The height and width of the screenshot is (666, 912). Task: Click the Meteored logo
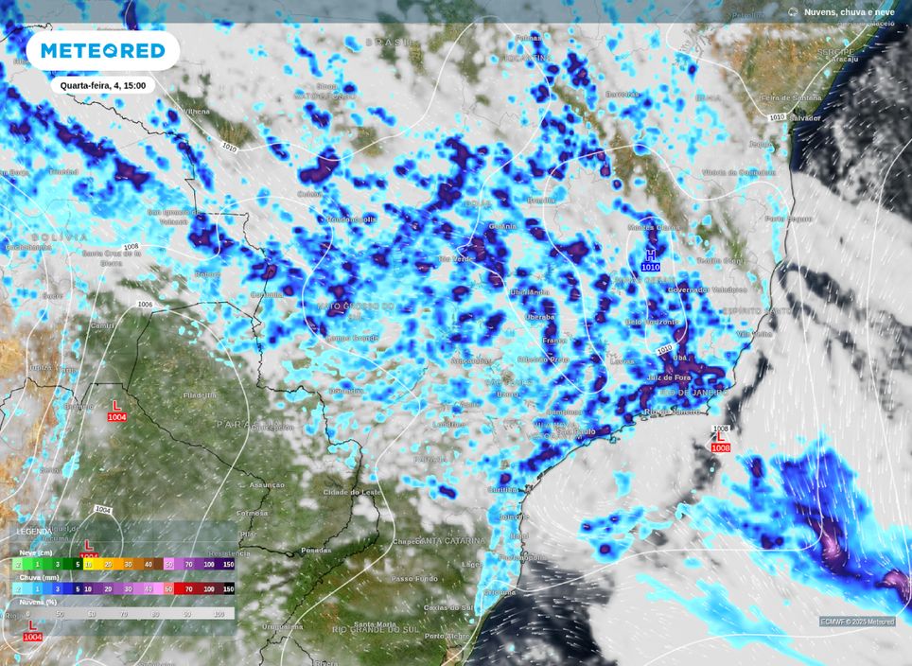point(102,50)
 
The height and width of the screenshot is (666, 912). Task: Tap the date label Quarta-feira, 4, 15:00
point(102,85)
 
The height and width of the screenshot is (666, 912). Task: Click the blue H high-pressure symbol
point(650,254)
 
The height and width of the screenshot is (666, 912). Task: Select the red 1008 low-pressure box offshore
point(721,447)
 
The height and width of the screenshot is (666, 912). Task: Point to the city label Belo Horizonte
point(653,322)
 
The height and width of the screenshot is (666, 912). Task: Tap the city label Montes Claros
point(655,227)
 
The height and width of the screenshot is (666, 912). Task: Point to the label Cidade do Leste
point(352,492)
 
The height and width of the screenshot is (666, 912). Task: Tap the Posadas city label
point(316,550)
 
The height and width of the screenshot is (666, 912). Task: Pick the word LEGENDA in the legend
point(34,532)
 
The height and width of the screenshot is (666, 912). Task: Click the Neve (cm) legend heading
point(35,552)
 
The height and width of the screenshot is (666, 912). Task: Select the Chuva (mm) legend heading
point(37,576)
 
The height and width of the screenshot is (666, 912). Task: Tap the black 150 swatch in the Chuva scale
point(228,588)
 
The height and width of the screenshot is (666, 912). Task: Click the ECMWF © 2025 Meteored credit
point(857,622)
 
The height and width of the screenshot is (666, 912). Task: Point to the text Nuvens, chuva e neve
point(849,12)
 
